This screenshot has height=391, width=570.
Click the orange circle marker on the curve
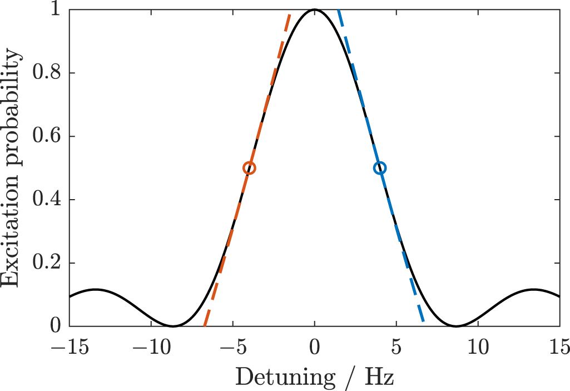pyautogui.click(x=250, y=168)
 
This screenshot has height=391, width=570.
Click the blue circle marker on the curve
pyautogui.click(x=380, y=168)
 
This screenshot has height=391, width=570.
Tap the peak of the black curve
pyautogui.click(x=315, y=9)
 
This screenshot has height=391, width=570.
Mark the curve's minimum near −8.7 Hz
pyautogui.click(x=173, y=326)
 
